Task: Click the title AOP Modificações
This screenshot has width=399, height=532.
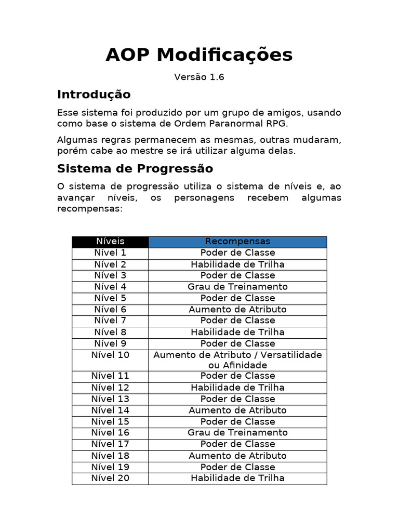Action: [199, 55]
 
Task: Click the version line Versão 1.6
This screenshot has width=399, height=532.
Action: [199, 77]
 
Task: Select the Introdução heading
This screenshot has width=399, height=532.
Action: [94, 95]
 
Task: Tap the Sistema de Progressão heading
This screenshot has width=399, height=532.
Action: [135, 169]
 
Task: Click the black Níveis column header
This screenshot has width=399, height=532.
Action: [110, 242]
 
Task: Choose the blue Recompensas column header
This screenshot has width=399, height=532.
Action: [237, 242]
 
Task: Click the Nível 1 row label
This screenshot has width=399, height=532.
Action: [110, 253]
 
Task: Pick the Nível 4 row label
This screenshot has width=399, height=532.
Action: [110, 287]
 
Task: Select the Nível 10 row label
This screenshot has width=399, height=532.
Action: [110, 355]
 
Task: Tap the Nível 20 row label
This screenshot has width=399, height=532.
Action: [110, 478]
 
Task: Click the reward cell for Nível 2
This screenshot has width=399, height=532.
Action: [237, 264]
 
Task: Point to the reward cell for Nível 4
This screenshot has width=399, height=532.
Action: [237, 287]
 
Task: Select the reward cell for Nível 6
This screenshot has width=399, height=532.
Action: [237, 310]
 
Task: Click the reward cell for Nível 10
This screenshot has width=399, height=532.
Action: [237, 360]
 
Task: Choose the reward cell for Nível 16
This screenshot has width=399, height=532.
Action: [237, 433]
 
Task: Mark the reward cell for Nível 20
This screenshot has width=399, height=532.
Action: [237, 478]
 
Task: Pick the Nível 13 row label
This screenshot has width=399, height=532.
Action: [110, 399]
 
